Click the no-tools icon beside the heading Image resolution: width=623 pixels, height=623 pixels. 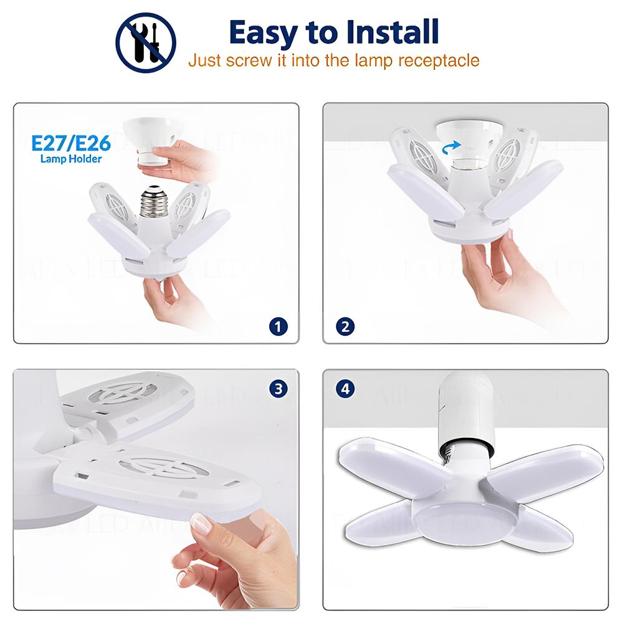point(146,42)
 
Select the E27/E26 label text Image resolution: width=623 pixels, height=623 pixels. point(71,143)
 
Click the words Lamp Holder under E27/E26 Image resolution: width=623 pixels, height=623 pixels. point(71,159)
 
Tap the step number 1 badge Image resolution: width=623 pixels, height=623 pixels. point(278,325)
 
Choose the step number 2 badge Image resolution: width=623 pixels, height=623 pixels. point(345,325)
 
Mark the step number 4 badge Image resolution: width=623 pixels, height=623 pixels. point(345,389)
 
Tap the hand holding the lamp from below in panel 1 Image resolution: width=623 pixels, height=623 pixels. point(167,299)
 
